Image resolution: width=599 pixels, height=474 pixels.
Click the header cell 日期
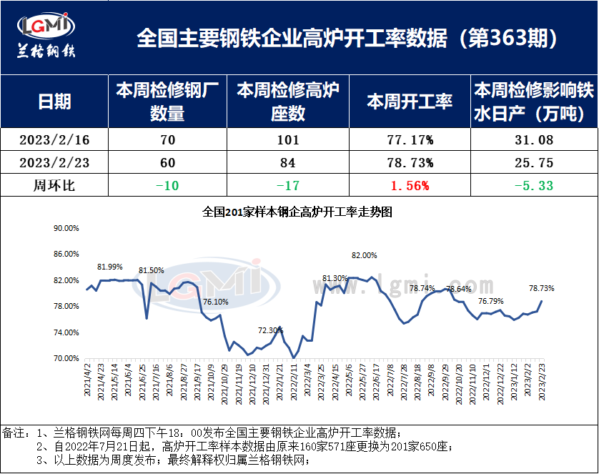coord(54,102)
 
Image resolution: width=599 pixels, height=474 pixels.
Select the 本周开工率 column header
coord(409,102)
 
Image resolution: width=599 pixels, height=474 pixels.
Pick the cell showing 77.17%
coord(409,140)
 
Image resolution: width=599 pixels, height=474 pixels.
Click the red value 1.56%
coord(409,186)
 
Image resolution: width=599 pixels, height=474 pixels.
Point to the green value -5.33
coord(533,186)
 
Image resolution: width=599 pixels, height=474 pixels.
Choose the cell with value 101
coord(287,140)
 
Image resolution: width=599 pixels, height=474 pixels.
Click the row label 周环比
coord(54,186)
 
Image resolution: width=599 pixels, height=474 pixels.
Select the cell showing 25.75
coord(533,163)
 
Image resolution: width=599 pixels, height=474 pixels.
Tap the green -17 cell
coord(287,186)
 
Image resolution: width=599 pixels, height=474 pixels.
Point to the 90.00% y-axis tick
coord(66,229)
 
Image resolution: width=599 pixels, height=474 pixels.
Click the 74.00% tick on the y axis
coord(66,332)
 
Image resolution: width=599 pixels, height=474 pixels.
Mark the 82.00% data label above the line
coord(364,255)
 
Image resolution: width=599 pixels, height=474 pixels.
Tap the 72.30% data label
coord(270,330)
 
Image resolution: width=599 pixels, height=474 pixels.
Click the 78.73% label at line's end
coord(541,288)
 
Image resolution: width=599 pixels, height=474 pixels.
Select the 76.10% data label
coord(216,302)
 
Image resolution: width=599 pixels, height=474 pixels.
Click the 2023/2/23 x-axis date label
coord(543,380)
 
